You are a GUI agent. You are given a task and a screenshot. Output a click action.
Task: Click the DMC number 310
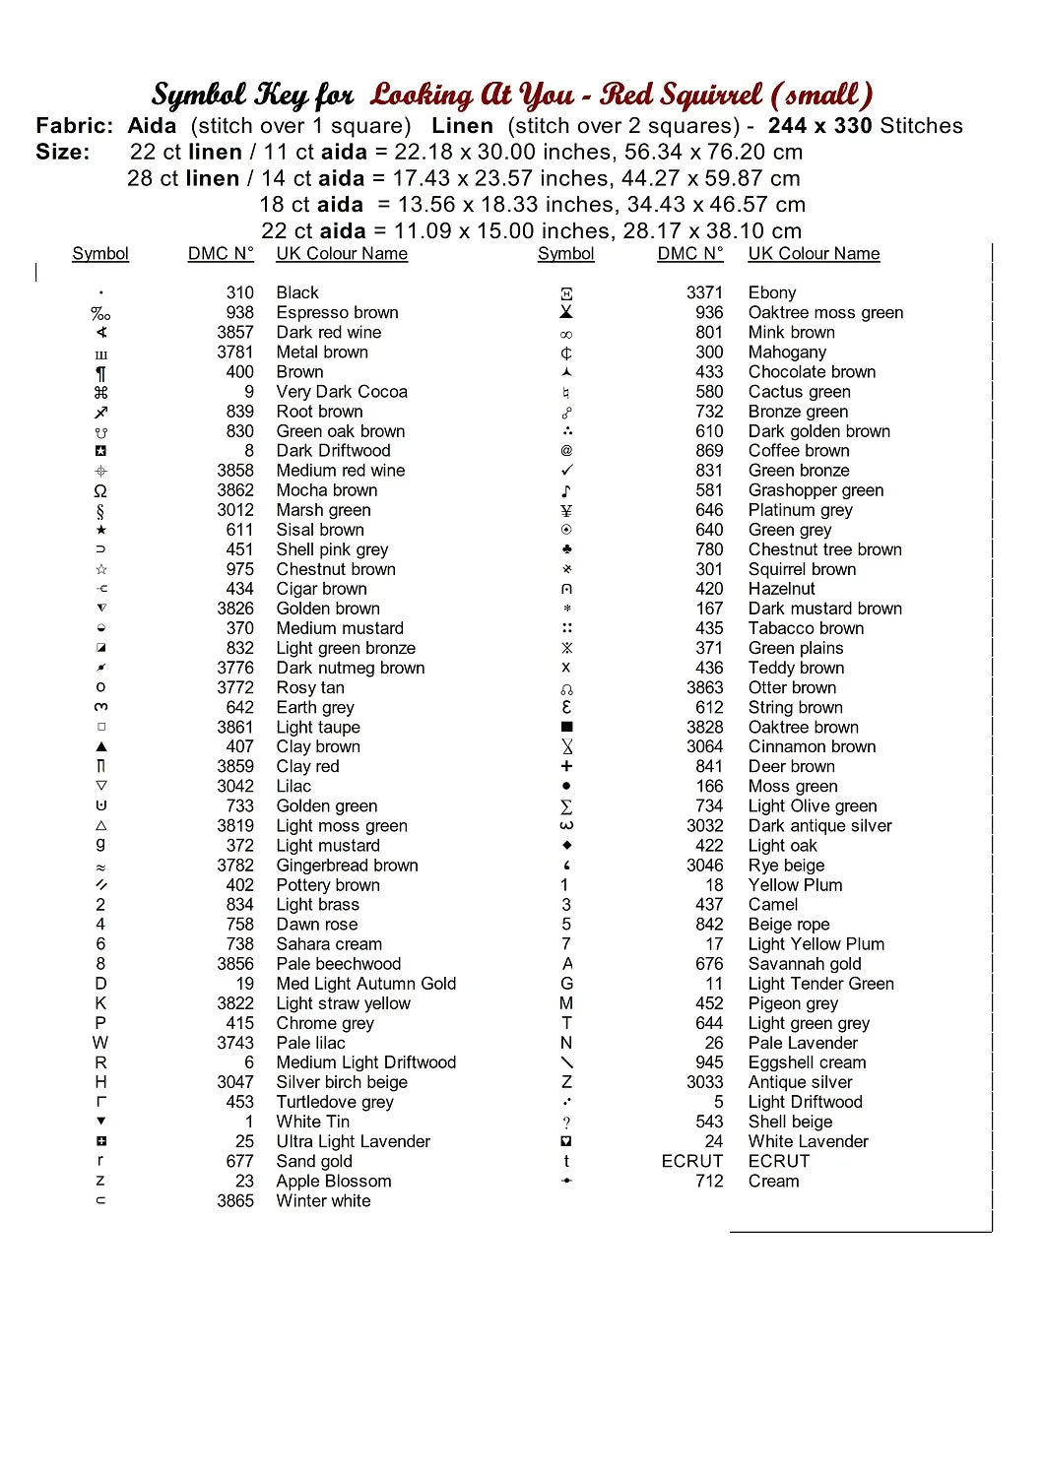tap(239, 292)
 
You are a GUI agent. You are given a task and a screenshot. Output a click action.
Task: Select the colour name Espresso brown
tap(337, 312)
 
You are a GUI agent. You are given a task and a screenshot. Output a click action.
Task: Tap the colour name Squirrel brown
tap(802, 569)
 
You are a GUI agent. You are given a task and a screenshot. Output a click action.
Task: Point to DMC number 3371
tap(704, 292)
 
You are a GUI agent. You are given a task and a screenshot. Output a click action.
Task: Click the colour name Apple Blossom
tap(333, 1181)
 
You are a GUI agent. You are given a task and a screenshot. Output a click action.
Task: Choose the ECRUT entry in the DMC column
tap(691, 1161)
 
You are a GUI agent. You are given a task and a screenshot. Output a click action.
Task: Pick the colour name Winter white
tap(323, 1200)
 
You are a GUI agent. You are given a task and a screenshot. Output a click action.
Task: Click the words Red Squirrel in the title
tap(681, 95)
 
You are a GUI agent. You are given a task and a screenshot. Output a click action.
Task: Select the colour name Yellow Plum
tap(795, 884)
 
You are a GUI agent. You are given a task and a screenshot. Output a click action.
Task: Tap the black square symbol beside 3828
tap(566, 727)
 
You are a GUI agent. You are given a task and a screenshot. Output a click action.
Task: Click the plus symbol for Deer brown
tap(566, 766)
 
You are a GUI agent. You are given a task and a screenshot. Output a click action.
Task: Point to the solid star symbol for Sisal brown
tap(100, 530)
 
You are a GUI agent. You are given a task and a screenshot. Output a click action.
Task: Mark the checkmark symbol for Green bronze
tap(566, 471)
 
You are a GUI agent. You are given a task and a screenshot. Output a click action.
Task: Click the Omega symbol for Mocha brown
tap(100, 490)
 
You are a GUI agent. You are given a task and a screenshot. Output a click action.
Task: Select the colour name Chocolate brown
tap(812, 371)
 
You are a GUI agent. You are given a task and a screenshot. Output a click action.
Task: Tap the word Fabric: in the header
tap(74, 126)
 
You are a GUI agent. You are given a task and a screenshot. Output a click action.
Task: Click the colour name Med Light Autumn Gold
tap(365, 983)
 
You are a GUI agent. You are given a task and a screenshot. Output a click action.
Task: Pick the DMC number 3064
tap(704, 746)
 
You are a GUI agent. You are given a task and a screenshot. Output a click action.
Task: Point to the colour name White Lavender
tap(808, 1141)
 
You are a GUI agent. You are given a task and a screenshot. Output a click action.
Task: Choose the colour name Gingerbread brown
tap(347, 865)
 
